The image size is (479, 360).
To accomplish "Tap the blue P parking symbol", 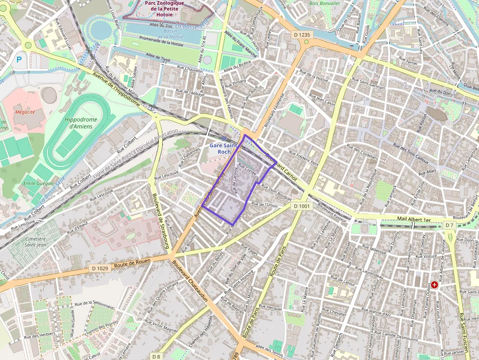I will click(19, 60).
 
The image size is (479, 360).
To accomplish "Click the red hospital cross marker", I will click(434, 284).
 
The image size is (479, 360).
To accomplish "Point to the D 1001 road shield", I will click(302, 206).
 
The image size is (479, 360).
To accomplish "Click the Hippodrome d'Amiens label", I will click(81, 123).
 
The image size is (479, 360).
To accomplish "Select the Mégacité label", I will click(25, 112).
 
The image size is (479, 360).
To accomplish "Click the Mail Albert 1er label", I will click(414, 220).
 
